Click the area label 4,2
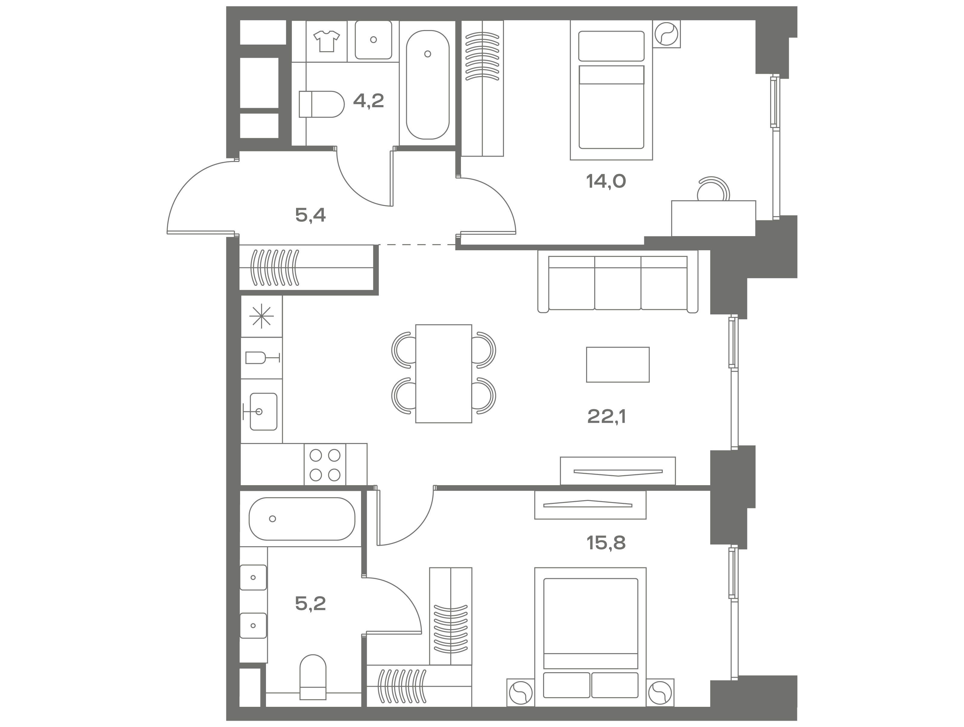point(368,101)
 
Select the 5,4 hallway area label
point(310,215)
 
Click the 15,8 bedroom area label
point(606,543)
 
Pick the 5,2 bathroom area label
point(310,604)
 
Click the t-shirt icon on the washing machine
point(326,41)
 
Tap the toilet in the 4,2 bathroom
point(322,104)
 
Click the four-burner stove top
point(325,465)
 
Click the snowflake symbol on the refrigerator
point(261,316)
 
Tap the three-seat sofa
point(617,282)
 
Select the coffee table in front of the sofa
point(617,365)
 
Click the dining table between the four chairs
point(444,374)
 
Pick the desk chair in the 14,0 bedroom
point(713,189)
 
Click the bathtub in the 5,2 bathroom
point(302,519)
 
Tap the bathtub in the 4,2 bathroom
point(428,85)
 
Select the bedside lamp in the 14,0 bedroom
point(666,34)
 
